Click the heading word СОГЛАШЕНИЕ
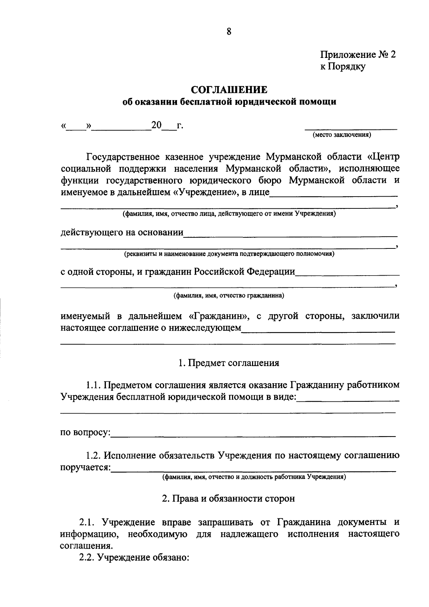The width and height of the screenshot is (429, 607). [x=229, y=89]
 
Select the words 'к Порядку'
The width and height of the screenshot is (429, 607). [x=343, y=66]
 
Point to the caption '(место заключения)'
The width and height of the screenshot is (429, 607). [x=342, y=135]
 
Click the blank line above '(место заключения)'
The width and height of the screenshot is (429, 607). [x=350, y=128]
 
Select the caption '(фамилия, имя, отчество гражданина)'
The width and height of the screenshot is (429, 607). [x=229, y=296]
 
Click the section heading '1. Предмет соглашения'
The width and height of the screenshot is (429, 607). [x=229, y=363]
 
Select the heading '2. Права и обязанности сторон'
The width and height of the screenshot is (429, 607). [x=229, y=498]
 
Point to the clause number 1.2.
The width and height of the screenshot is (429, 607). [x=94, y=455]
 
